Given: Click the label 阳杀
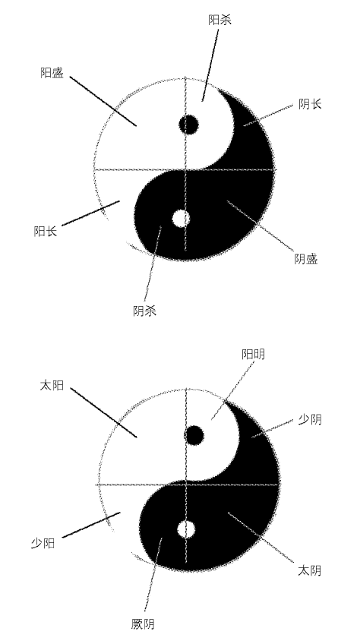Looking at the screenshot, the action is click(219, 20).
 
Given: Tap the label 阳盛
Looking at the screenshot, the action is click(52, 73).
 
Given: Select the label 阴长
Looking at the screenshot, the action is click(310, 104).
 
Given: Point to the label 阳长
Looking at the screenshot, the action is click(46, 231).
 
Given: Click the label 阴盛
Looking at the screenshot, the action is click(306, 259).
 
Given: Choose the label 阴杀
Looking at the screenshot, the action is click(144, 311).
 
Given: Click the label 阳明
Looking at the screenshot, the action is click(253, 354).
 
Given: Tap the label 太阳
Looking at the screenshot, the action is click(52, 385).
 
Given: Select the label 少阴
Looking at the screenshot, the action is click(310, 420).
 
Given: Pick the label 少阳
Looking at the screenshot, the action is click(43, 544).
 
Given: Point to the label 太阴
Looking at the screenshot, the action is click(309, 570).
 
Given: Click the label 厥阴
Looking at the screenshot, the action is click(143, 624).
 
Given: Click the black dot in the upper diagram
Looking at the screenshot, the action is click(189, 125).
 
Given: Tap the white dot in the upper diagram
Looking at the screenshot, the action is click(181, 219).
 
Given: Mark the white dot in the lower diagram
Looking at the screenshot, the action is click(186, 529).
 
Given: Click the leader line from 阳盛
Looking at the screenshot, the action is click(103, 101).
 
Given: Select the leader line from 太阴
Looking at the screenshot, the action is click(261, 537).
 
